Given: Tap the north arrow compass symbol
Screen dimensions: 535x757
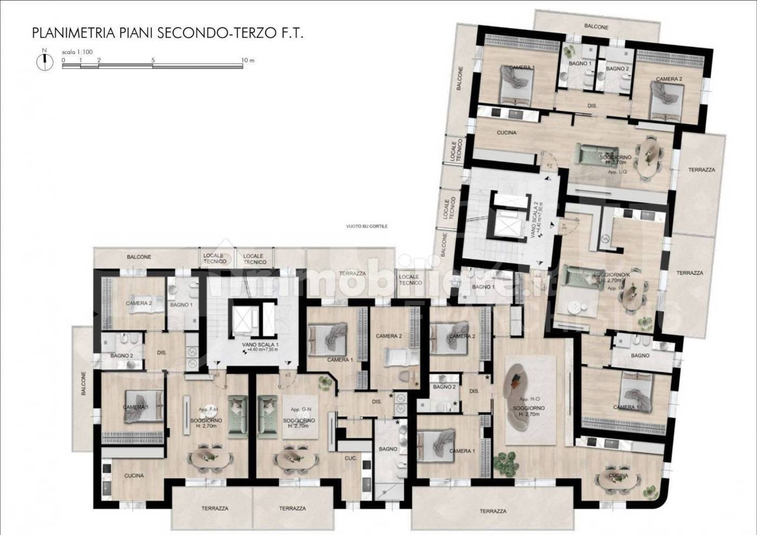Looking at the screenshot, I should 44,61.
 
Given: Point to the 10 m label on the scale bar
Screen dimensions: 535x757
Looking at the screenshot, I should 248,61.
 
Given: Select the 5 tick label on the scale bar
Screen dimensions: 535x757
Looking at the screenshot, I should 154,61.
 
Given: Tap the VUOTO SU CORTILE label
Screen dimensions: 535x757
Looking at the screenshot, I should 367,226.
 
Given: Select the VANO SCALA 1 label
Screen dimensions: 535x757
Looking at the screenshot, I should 260,345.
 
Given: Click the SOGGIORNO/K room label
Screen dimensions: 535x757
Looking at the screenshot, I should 612,275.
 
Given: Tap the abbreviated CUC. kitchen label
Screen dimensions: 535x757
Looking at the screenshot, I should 350,458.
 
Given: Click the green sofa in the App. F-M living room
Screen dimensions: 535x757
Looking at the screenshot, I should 237,415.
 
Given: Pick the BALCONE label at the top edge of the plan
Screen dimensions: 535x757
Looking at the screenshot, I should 596,27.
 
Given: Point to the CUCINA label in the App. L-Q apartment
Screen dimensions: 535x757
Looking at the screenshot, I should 506,133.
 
